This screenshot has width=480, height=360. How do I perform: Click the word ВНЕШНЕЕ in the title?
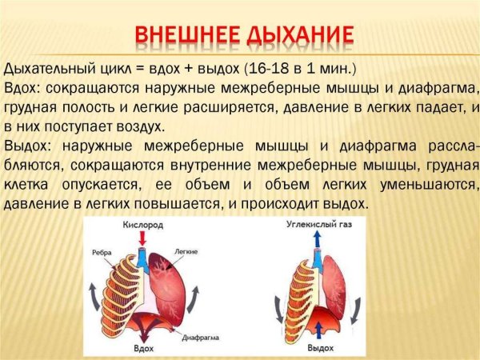coord(186,35)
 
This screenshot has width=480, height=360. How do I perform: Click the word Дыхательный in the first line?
coord(47,67)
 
